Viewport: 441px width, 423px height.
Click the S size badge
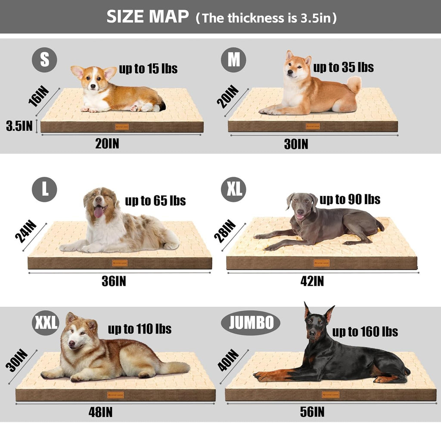[x=44, y=60]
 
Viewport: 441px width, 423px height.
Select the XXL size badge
[x=46, y=323]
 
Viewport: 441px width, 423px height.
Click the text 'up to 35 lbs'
[x=343, y=67]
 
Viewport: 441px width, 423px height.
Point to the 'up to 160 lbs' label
[x=365, y=331]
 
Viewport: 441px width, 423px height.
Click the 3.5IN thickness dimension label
[x=19, y=126]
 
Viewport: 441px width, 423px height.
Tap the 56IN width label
[x=312, y=412]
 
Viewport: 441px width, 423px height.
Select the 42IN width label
[x=312, y=281]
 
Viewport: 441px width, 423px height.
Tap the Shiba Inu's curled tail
[x=354, y=84]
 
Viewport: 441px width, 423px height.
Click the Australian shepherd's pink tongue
[x=98, y=212]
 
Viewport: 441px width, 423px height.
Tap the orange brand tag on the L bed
[x=119, y=263]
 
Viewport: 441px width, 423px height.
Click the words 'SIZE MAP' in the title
[x=147, y=17]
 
